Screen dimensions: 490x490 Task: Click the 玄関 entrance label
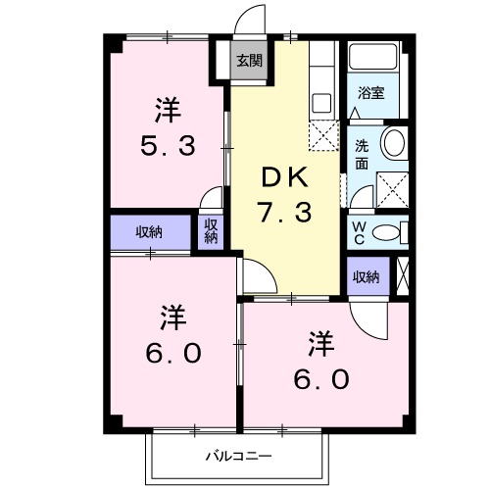pyautogui.click(x=249, y=60)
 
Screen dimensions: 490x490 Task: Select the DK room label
pyautogui.click(x=284, y=177)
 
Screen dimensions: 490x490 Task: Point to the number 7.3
pyautogui.click(x=284, y=210)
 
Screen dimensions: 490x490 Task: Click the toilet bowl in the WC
pyautogui.click(x=388, y=233)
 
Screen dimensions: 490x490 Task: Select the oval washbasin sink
pyautogui.click(x=394, y=143)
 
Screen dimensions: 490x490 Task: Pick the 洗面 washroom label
pyautogui.click(x=361, y=155)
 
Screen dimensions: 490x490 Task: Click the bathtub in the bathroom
pyautogui.click(x=373, y=58)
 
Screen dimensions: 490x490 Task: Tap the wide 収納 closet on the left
pyautogui.click(x=149, y=232)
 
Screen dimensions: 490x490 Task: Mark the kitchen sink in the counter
pyautogui.click(x=320, y=101)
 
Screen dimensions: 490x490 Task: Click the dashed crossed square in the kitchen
pyautogui.click(x=322, y=134)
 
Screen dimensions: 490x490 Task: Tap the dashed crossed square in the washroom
pyautogui.click(x=392, y=185)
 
